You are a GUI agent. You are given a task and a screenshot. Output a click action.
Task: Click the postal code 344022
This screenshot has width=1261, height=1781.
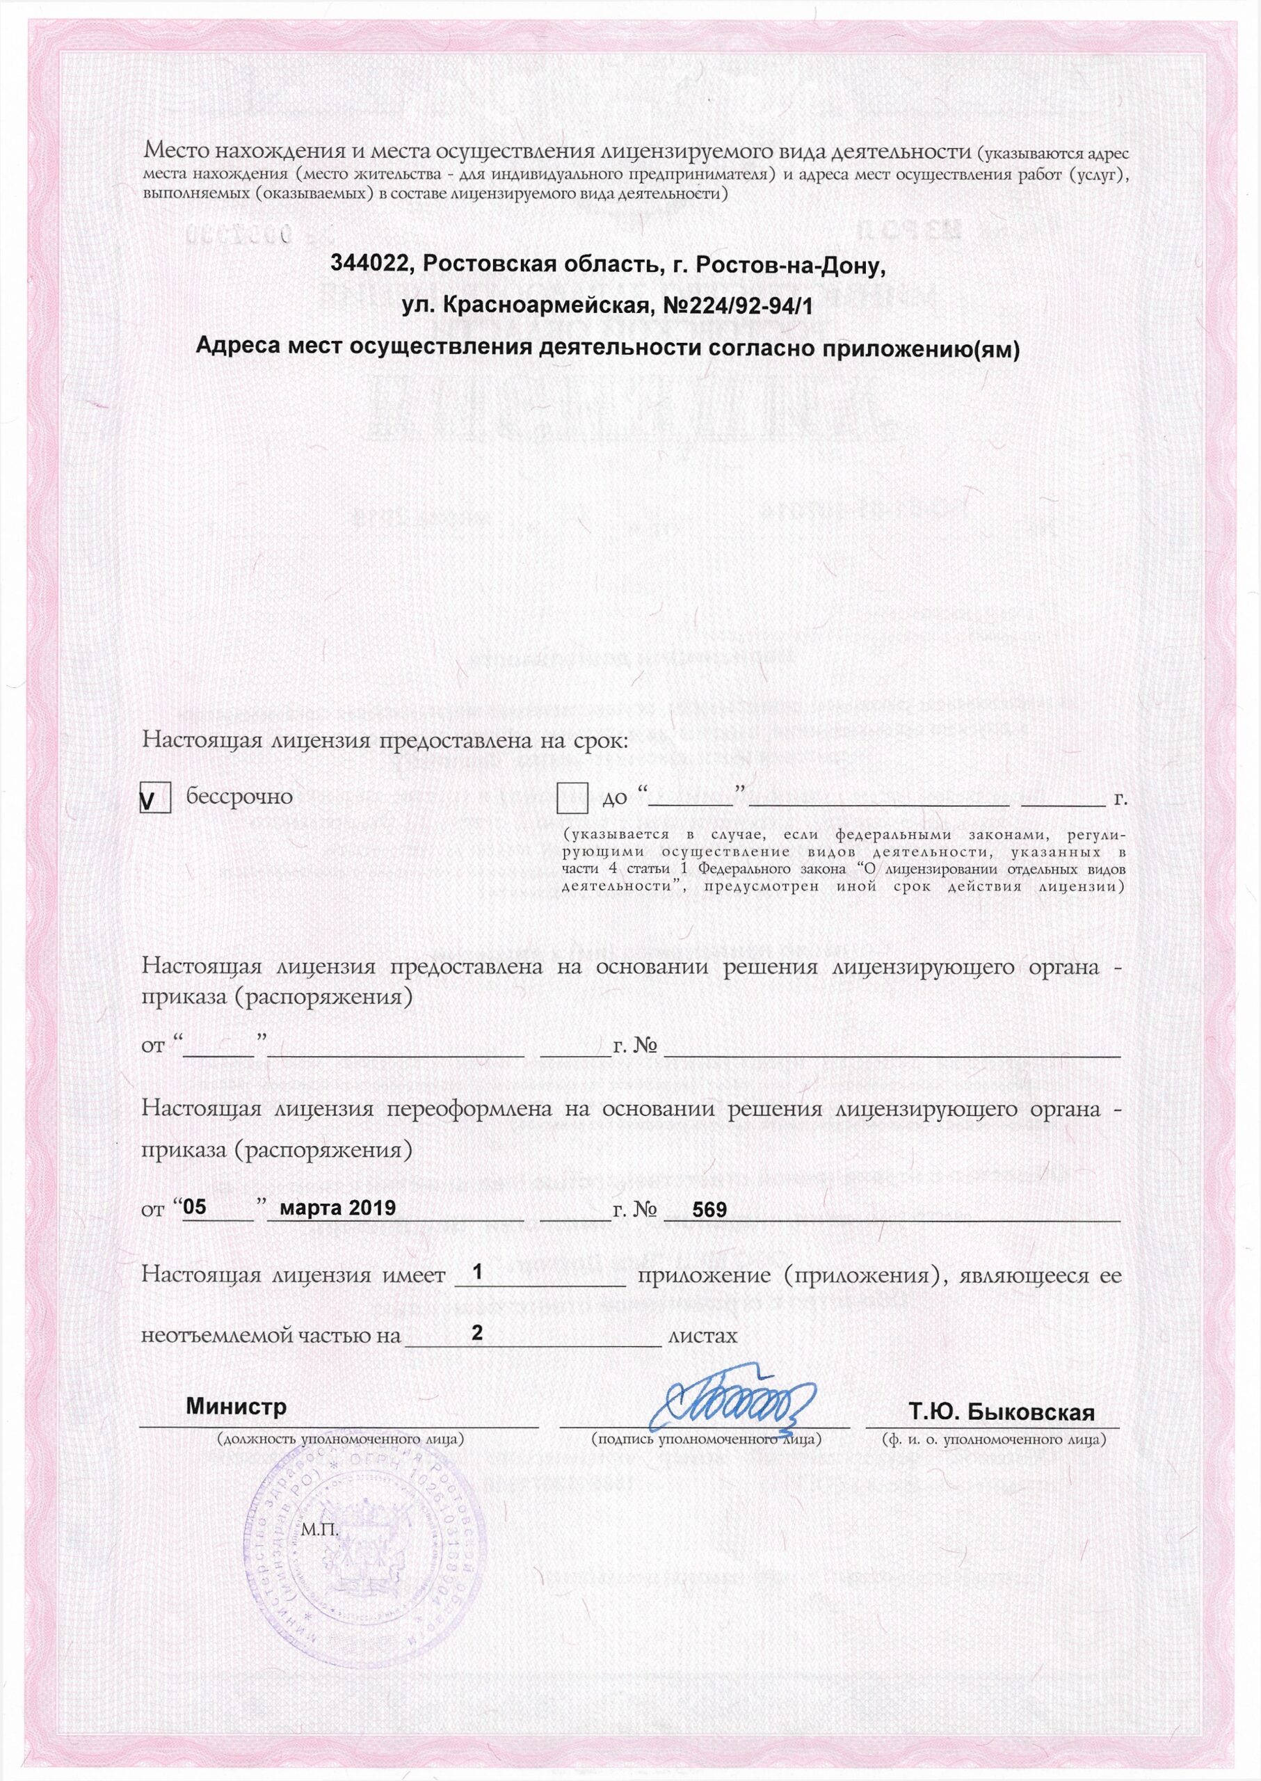tap(369, 266)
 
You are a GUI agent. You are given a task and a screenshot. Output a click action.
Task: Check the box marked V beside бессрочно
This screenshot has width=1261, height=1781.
tap(155, 799)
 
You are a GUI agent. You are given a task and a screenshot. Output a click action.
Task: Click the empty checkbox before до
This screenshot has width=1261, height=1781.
tap(572, 798)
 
